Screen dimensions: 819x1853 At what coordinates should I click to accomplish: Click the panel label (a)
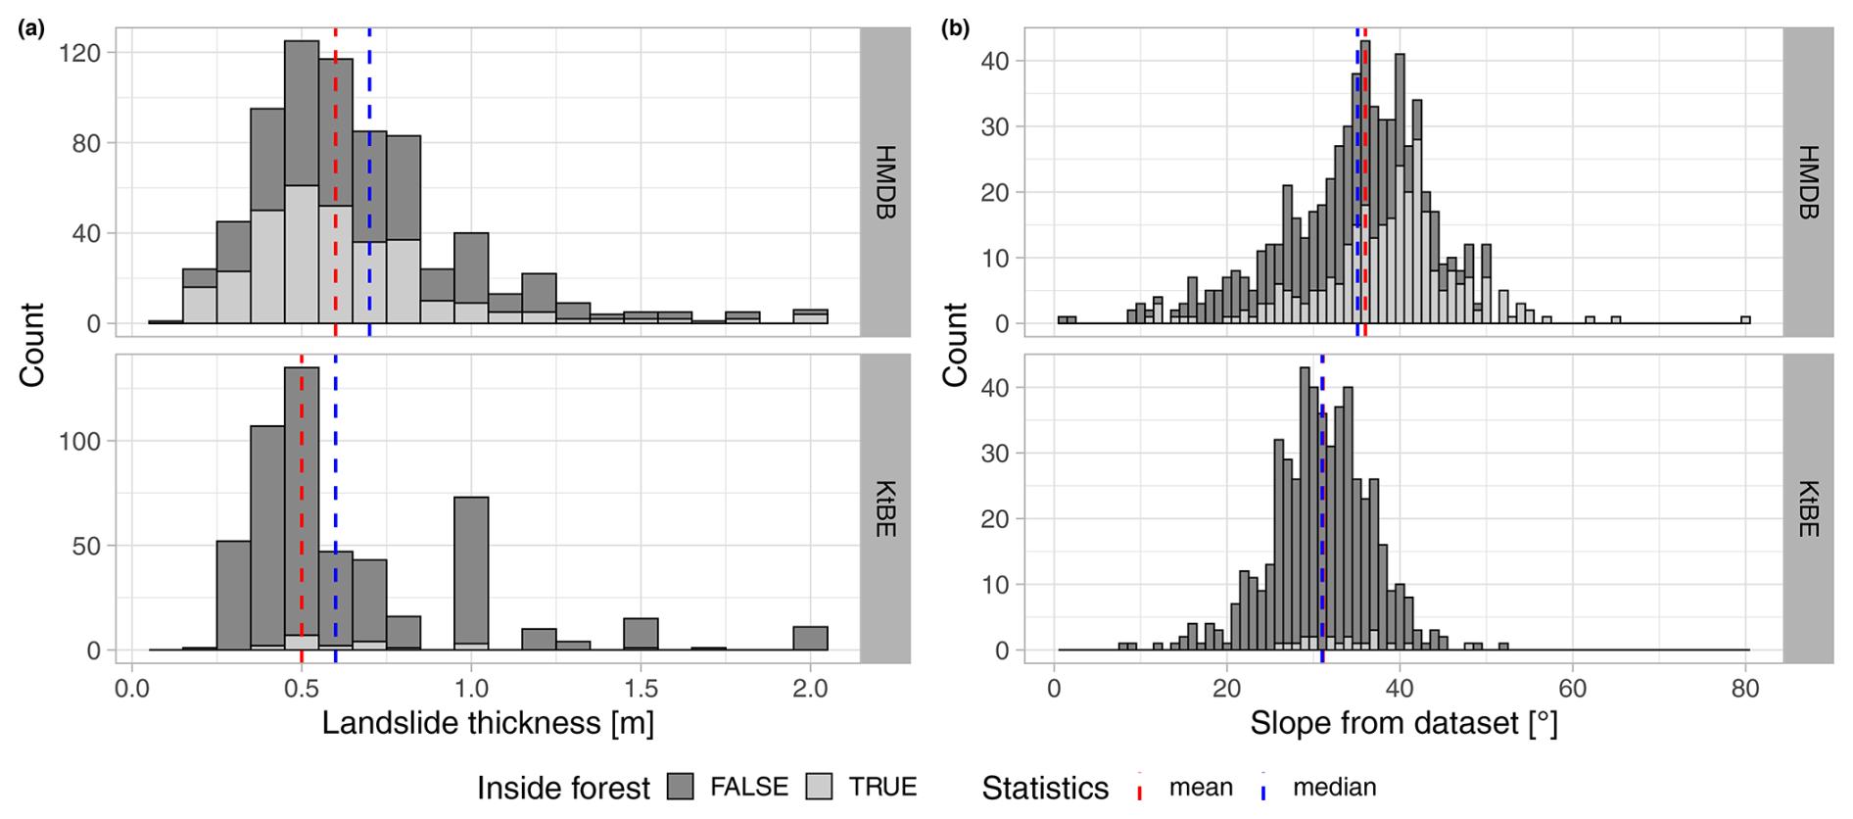(31, 28)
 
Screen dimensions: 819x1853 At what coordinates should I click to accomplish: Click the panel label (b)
(955, 28)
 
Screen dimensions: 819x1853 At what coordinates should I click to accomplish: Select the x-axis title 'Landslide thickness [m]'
(488, 723)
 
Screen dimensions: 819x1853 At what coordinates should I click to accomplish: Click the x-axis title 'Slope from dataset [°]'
(1403, 723)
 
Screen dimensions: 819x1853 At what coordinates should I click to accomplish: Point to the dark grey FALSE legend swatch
(681, 786)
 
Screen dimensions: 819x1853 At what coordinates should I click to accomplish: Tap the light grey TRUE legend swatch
(819, 786)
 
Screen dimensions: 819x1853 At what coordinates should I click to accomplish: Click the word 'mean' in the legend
(1201, 787)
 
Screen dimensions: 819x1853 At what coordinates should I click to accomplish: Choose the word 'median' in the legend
(1334, 787)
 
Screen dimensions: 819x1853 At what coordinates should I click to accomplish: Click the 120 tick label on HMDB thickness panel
(79, 53)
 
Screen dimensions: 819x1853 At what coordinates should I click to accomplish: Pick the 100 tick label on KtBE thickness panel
(79, 441)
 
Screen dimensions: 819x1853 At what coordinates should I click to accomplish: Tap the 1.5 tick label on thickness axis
(641, 689)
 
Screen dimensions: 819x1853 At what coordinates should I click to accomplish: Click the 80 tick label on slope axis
(1745, 689)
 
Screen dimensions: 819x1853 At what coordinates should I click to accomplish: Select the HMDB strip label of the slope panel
(1808, 182)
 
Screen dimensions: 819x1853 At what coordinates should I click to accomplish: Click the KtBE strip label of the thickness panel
(884, 508)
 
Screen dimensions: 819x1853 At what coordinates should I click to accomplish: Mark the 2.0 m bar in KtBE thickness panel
(810, 639)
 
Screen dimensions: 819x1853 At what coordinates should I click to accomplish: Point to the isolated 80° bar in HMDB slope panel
(1745, 319)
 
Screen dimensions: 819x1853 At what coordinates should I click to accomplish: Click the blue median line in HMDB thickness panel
(369, 196)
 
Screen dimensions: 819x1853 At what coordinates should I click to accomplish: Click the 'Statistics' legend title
(1045, 787)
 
